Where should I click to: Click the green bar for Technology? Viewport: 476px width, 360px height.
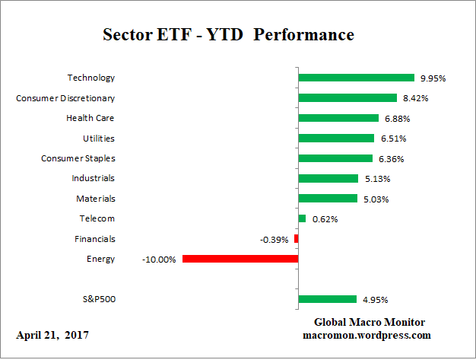tap(356, 78)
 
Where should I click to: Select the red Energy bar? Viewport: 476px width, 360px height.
tap(240, 259)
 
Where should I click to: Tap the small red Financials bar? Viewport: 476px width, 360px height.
tap(296, 239)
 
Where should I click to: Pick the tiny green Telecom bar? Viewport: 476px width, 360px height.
tap(302, 218)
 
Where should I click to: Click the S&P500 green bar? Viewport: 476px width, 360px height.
tap(327, 299)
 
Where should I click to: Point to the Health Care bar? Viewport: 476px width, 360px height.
tap(338, 118)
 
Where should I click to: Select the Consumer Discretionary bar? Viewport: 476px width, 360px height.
tap(347, 97)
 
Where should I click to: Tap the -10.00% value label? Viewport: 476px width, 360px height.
tap(159, 260)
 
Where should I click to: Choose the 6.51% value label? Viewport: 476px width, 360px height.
tap(392, 139)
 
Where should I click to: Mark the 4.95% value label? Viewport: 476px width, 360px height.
tap(374, 300)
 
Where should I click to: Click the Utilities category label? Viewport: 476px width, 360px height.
tap(99, 138)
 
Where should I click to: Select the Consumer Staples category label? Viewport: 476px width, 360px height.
tap(78, 158)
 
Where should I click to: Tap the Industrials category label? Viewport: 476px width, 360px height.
tap(93, 178)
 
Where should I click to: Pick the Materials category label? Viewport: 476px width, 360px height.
tap(95, 199)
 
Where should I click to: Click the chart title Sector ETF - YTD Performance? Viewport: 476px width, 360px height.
tap(227, 36)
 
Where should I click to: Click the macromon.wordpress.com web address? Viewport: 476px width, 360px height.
tap(367, 335)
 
